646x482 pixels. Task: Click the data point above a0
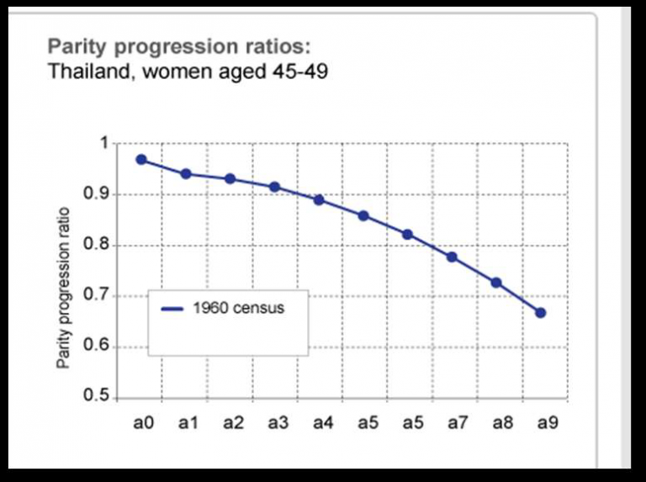141,160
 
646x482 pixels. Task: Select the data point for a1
186,174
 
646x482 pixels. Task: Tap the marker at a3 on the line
274,187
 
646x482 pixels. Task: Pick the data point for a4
319,200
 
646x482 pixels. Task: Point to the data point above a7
452,257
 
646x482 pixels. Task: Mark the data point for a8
496,283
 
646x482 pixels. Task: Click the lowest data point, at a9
541,313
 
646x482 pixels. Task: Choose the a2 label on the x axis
233,423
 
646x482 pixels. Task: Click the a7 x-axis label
455,423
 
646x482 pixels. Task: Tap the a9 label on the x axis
544,423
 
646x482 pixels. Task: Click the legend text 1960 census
238,308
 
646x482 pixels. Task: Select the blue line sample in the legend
172,309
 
